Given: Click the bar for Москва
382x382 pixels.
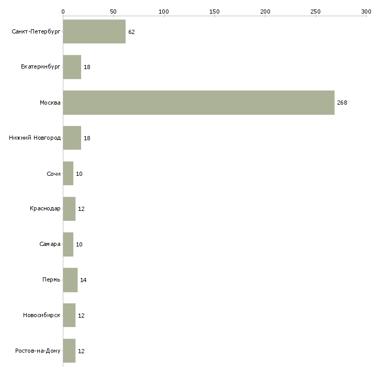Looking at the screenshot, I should click(x=198, y=103).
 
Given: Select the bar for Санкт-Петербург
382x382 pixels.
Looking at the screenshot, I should click(x=94, y=32).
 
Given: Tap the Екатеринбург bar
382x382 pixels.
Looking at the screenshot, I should click(x=72, y=67).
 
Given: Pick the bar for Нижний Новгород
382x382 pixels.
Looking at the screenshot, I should click(x=72, y=138).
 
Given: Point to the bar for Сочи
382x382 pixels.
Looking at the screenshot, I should click(x=68, y=174).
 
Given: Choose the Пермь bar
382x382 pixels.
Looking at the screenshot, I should click(x=70, y=280).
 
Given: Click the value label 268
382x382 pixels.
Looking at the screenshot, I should click(x=342, y=103).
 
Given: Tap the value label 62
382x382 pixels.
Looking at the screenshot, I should click(x=131, y=32).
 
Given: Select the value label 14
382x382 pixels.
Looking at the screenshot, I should click(x=83, y=280).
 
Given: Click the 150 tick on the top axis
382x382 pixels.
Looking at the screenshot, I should click(x=215, y=11).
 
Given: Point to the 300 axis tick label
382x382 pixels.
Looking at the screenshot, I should click(x=366, y=11).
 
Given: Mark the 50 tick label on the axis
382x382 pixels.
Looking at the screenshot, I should click(x=113, y=11).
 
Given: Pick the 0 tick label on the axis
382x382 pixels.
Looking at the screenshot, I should click(x=63, y=11).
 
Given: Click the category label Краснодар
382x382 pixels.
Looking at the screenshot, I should click(x=45, y=209).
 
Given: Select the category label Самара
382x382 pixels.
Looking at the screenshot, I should click(x=50, y=244).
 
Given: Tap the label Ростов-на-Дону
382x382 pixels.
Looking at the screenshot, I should click(x=38, y=351).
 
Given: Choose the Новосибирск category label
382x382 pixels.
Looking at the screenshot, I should click(x=41, y=316).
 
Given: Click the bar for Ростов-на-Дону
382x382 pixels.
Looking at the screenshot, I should click(x=69, y=351).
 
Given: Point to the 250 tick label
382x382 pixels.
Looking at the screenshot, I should click(x=315, y=11).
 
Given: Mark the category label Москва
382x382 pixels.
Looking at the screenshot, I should click(x=50, y=103).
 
